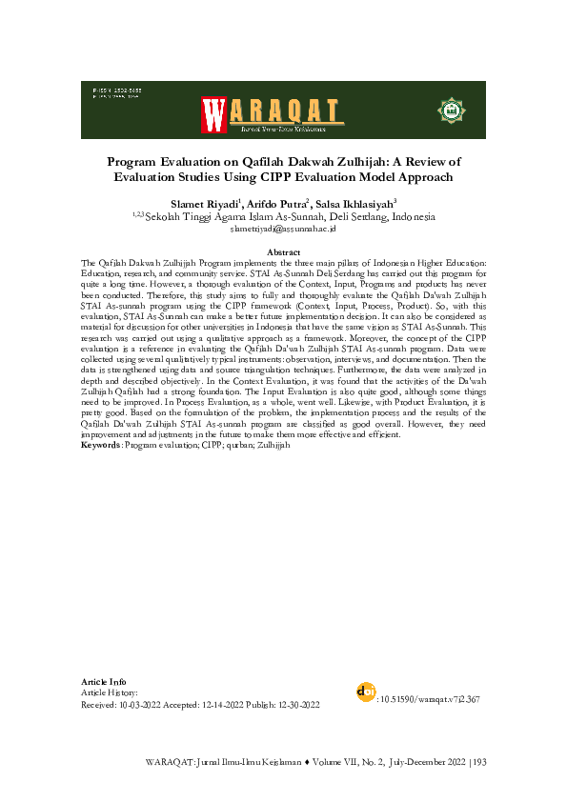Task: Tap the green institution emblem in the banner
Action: (448, 110)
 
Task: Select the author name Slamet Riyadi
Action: (205, 204)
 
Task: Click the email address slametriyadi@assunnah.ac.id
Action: (283, 230)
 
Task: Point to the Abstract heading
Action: (283, 251)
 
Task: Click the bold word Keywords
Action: (100, 446)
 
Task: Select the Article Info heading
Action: (104, 682)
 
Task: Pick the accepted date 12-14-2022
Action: (226, 705)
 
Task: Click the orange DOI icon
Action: (363, 692)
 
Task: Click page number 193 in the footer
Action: (479, 763)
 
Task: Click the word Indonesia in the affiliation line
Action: (402, 217)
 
